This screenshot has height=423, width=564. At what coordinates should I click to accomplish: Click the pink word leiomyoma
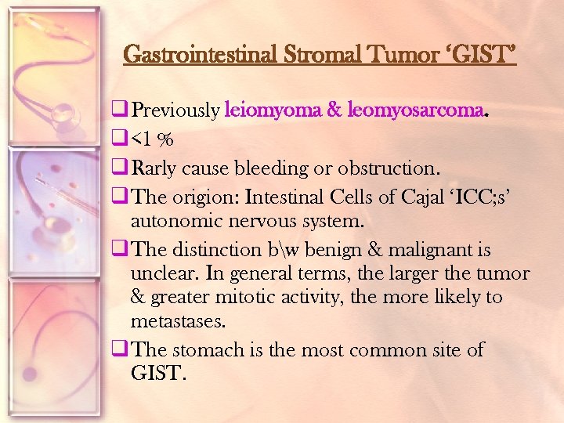point(272,110)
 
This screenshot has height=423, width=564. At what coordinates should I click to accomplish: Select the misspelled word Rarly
point(154,168)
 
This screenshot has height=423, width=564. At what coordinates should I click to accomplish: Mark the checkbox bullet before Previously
point(120,110)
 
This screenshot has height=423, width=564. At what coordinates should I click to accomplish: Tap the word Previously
point(175,110)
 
